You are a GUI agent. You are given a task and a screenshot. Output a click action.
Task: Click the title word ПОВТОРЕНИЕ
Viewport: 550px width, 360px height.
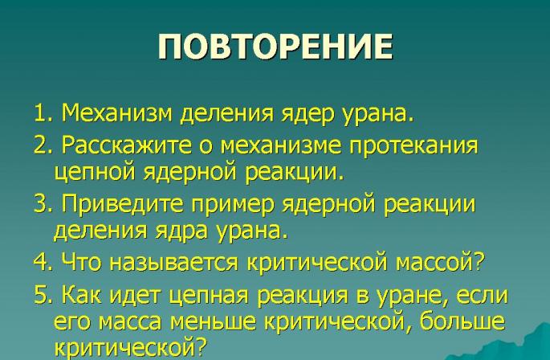275,47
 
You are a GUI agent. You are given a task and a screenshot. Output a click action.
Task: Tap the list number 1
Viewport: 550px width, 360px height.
41,113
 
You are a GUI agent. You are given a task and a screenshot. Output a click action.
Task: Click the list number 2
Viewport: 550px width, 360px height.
41,147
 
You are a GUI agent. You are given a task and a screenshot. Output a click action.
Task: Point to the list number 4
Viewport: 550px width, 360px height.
41,263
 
